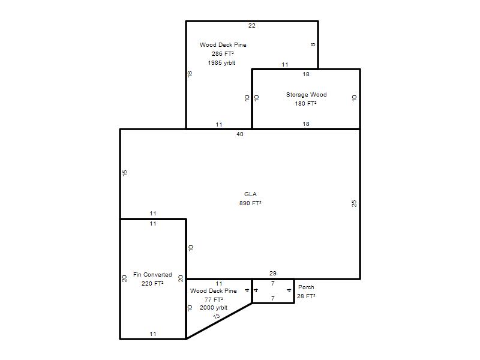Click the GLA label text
250,194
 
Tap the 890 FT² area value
250,203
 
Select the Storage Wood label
307,95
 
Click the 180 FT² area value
306,103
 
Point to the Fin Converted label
152,275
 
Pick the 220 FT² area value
152,283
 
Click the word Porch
306,287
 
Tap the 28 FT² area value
306,296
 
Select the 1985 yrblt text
221,63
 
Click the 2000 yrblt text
214,308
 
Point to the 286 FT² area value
223,53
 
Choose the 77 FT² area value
214,299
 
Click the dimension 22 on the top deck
252,26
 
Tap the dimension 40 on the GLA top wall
240,134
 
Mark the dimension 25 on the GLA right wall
354,203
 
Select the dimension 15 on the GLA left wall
125,173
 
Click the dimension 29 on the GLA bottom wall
273,273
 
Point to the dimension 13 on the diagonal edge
217,316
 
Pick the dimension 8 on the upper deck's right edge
313,44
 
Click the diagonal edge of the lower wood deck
219,321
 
